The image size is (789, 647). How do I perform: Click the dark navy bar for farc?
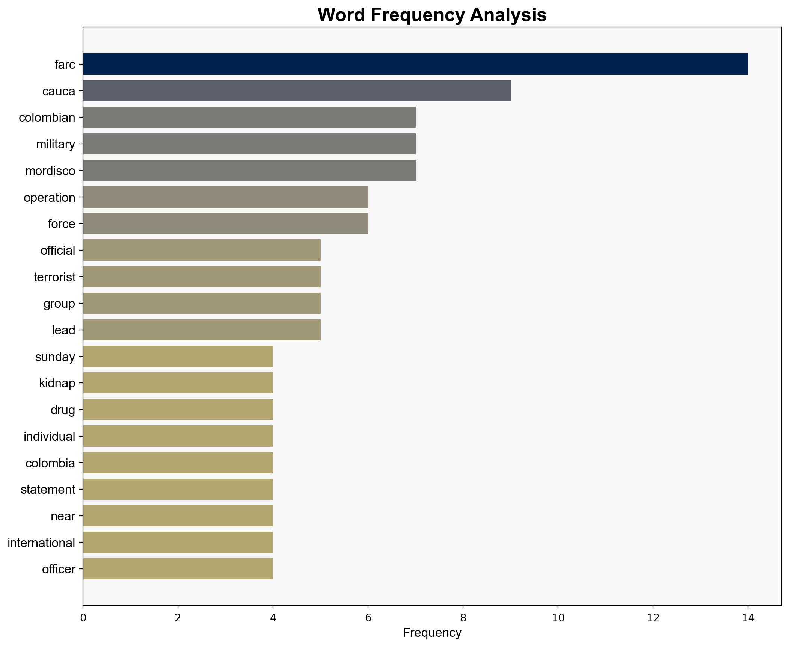point(415,64)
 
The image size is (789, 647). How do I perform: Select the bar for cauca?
point(297,91)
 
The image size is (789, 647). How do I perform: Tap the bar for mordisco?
point(249,171)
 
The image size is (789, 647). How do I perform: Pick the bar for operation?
point(225,197)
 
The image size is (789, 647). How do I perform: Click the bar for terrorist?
point(202,277)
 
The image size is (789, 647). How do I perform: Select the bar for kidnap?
point(178,383)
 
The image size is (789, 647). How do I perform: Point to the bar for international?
point(178,543)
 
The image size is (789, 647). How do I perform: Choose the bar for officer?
point(178,569)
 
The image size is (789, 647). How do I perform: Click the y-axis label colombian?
point(47,118)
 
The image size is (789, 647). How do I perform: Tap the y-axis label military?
point(56,144)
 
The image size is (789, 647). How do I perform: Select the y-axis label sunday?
point(55,357)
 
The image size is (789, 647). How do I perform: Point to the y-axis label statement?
point(48,490)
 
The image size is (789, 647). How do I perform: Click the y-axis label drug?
point(63,410)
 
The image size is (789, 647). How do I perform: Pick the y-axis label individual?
point(49,436)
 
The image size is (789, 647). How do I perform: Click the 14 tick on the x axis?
point(748,618)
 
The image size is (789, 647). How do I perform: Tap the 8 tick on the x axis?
point(463,618)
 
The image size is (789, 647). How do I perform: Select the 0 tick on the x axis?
point(83,618)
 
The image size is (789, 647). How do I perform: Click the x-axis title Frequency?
point(432,633)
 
